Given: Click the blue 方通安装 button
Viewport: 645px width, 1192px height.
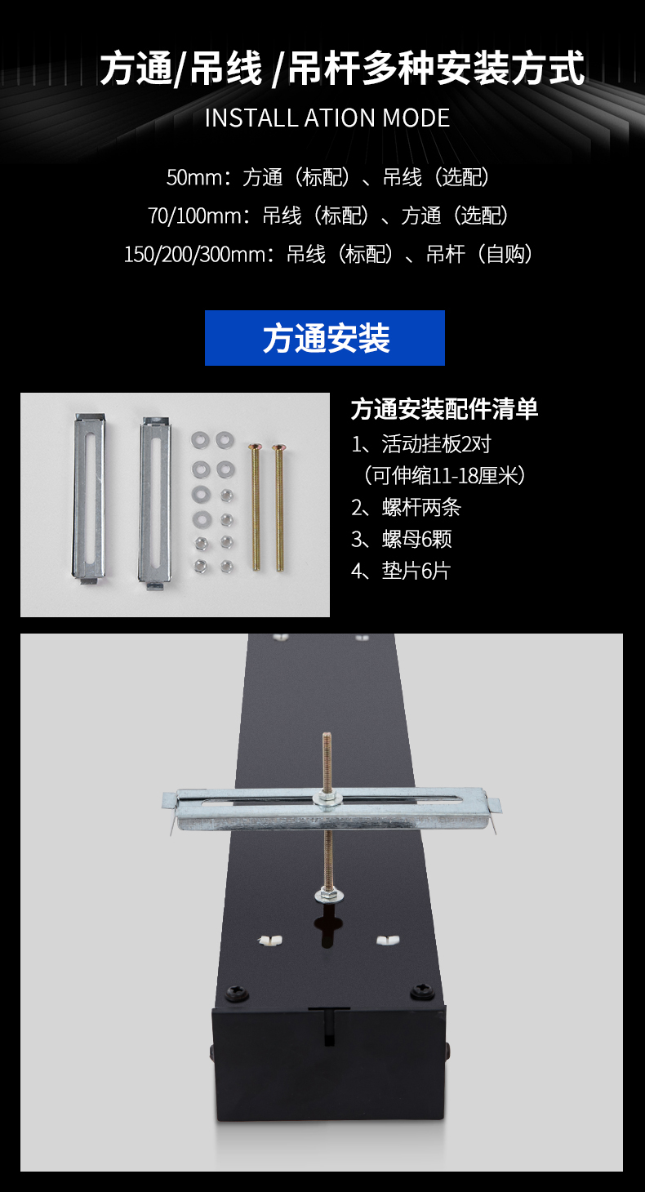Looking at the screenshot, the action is tap(325, 338).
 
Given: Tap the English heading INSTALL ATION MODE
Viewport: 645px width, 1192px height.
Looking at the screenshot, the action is tap(327, 118).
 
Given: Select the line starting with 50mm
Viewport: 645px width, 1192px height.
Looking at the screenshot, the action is tap(328, 177).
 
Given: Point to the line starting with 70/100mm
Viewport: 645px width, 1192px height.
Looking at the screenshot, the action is tap(328, 216).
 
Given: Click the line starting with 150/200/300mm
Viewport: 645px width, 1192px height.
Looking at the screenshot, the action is tap(328, 255).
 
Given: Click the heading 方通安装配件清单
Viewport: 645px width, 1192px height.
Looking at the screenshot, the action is tap(444, 409).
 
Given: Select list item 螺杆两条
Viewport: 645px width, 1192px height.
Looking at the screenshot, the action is tap(406, 508).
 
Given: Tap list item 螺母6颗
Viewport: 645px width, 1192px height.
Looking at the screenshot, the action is tap(401, 540).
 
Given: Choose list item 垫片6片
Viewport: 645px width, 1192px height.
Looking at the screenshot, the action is tap(401, 571).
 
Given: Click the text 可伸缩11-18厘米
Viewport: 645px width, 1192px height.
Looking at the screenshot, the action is tap(444, 475).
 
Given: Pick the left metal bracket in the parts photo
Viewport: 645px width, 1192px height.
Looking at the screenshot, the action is tap(89, 499).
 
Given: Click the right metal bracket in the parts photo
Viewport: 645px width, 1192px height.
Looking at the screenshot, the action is tap(155, 504).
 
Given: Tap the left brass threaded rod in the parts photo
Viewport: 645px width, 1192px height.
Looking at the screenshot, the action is tap(256, 507).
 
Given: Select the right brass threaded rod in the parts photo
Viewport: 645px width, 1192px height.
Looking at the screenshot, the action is tap(279, 508).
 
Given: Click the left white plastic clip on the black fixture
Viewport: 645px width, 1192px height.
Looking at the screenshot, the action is tap(269, 941).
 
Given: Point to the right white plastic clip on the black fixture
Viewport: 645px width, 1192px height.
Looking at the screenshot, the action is tap(388, 941).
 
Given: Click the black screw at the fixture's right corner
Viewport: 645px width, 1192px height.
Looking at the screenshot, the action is tap(423, 991).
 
